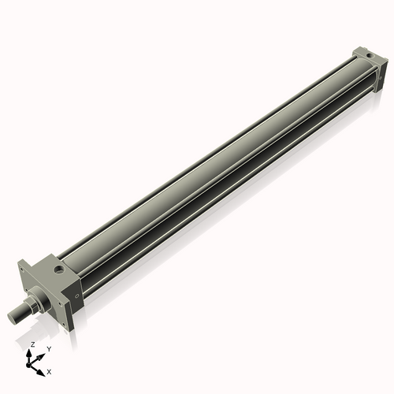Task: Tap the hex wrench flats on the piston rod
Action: click(x=23, y=310)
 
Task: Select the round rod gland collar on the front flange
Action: click(x=39, y=299)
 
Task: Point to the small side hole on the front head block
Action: click(x=77, y=295)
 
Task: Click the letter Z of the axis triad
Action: click(x=32, y=345)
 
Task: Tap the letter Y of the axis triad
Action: click(x=49, y=348)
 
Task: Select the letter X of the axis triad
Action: click(x=49, y=370)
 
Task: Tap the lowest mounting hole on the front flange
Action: click(x=65, y=322)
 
